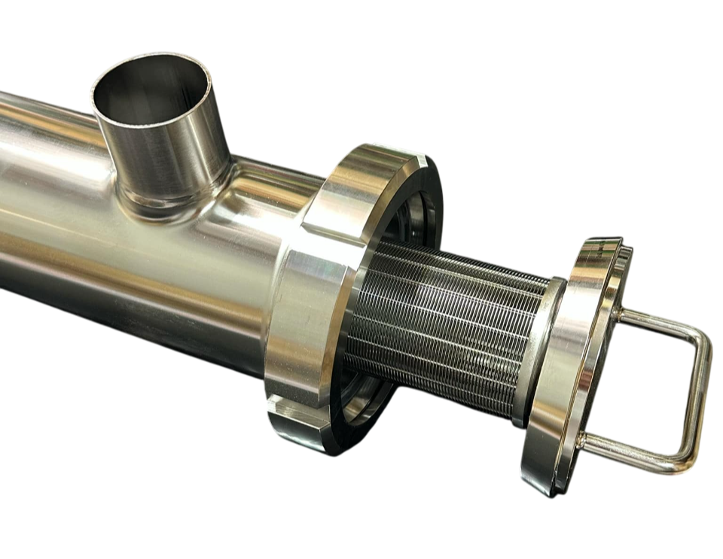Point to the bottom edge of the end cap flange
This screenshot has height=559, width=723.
coord(546,489)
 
